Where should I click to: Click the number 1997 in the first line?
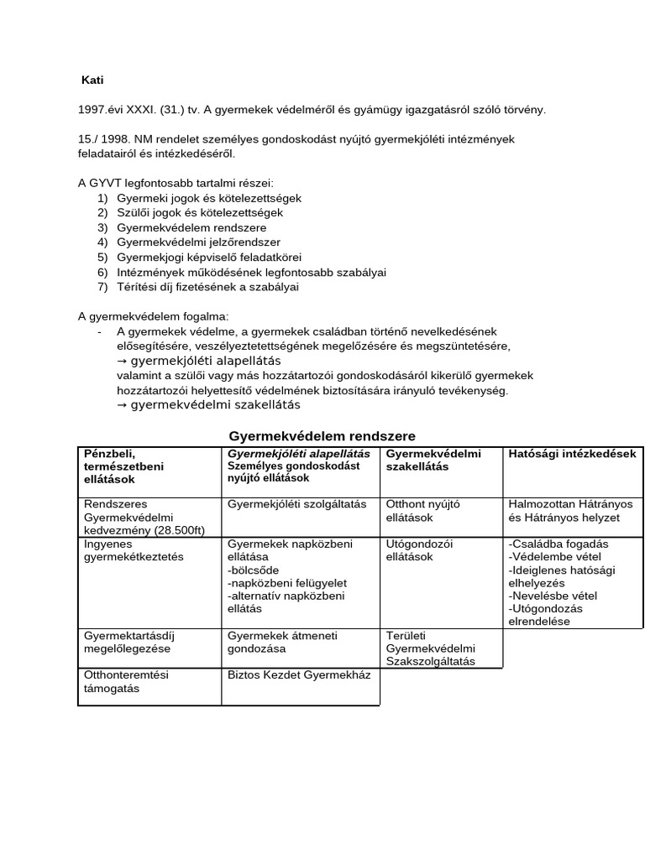click(x=91, y=110)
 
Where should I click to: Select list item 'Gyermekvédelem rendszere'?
click(x=181, y=227)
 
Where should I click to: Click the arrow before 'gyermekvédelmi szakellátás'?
click(x=122, y=405)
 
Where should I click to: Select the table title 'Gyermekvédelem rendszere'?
click(x=322, y=436)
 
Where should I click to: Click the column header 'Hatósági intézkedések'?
click(x=572, y=454)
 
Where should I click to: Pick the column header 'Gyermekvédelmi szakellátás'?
click(x=433, y=460)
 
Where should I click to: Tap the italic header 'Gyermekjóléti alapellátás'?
click(x=299, y=454)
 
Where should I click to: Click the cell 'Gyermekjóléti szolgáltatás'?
click(x=297, y=505)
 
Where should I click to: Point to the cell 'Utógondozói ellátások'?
click(x=420, y=550)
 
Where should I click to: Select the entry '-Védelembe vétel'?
click(x=552, y=557)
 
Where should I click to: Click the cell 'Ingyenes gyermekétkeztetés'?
click(x=134, y=550)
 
